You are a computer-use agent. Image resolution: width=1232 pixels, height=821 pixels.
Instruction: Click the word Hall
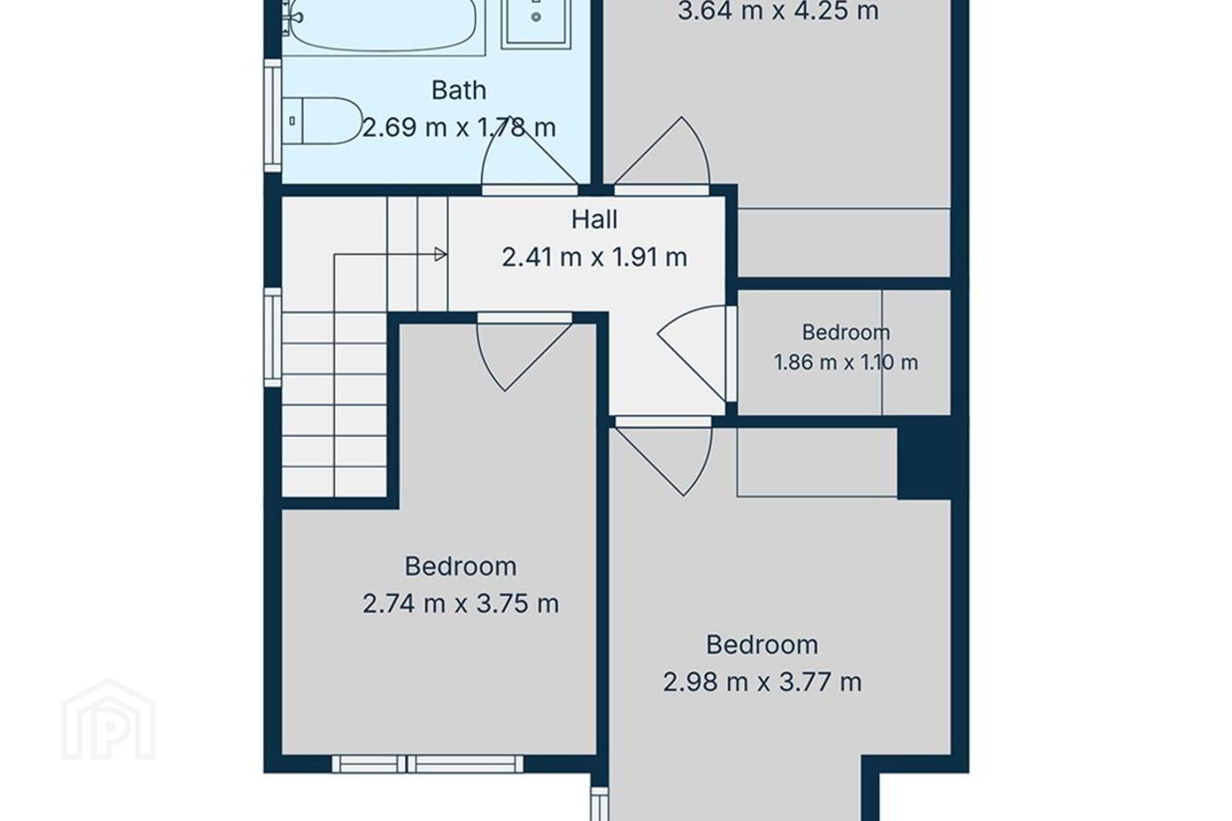click(x=594, y=220)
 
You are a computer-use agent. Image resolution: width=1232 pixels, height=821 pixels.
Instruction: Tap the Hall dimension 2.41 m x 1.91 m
click(x=594, y=257)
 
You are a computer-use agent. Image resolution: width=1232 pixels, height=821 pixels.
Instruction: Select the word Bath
click(x=459, y=90)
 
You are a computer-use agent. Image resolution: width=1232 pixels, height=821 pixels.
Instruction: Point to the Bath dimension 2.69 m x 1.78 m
click(x=459, y=128)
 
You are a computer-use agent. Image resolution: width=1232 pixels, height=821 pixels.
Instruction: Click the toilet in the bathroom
click(x=322, y=121)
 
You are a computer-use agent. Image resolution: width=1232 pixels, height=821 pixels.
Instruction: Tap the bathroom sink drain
click(x=536, y=17)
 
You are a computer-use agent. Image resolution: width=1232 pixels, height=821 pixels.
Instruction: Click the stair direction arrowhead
click(x=441, y=254)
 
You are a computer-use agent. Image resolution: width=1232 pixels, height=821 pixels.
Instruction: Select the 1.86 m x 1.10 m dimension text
click(x=846, y=363)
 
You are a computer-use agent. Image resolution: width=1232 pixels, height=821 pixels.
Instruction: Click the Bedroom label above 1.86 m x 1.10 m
click(x=846, y=332)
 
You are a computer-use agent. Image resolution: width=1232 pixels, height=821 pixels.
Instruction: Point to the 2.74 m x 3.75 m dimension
click(x=460, y=604)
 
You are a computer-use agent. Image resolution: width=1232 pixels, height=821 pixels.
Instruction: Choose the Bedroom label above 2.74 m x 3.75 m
click(x=460, y=566)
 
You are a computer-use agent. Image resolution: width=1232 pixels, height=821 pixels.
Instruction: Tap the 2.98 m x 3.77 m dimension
click(x=761, y=682)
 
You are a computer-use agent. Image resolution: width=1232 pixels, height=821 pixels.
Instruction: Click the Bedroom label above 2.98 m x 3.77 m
click(x=761, y=645)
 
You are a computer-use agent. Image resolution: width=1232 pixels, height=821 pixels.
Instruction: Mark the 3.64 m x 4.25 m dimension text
click(x=778, y=11)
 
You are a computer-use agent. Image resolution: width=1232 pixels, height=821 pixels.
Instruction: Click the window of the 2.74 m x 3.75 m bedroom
click(x=428, y=764)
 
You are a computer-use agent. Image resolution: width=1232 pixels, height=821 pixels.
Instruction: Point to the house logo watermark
click(x=109, y=720)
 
